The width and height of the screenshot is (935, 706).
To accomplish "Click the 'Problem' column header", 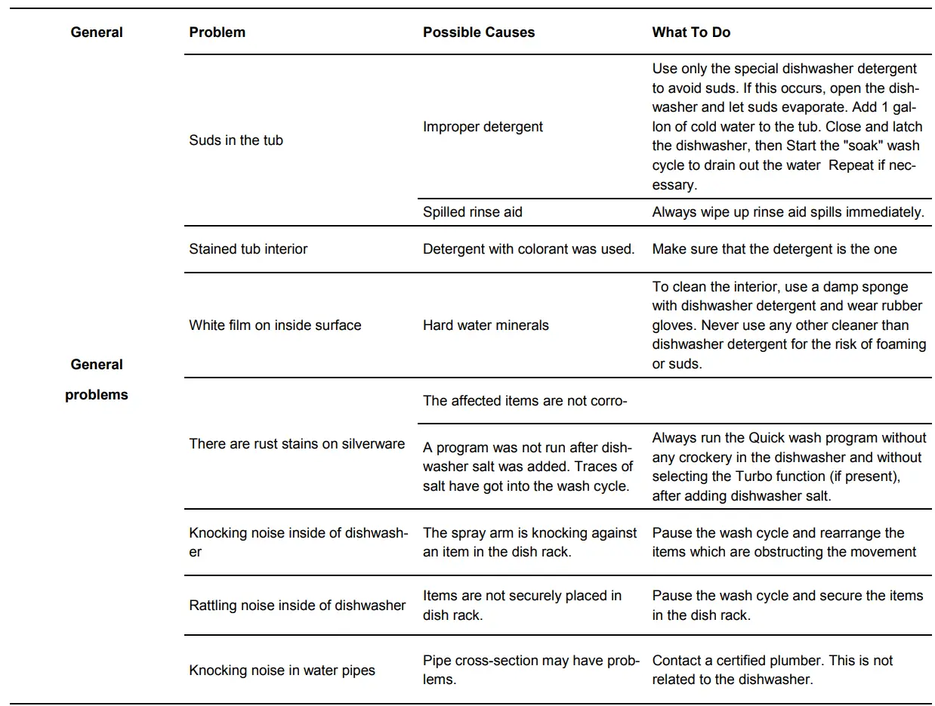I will pos(217,32).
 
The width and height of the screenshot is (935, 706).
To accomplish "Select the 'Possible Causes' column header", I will pos(478,32).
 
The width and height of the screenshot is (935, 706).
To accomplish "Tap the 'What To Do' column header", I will pos(691,32).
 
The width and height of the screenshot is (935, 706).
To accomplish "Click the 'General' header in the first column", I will pos(97,32).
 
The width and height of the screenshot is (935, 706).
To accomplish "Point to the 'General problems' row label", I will pos(97,379).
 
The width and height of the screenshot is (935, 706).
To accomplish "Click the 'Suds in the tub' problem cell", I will pos(236,140).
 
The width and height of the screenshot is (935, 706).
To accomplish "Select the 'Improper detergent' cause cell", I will pos(483,127).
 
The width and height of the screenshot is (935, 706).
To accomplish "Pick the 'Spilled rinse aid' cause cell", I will pos(472,212).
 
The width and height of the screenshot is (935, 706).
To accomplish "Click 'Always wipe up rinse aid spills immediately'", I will pos(788,212).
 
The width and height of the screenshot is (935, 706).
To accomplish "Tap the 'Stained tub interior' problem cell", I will pos(248,249).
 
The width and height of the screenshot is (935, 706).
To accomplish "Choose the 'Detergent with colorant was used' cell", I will pos(529,249).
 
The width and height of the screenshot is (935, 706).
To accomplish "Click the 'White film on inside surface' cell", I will pos(275,325).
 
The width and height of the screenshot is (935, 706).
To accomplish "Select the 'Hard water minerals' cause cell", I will pos(486,325).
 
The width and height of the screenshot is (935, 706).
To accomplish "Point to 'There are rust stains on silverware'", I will pos(297,444).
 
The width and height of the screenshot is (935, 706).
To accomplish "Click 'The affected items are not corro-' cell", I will pos(524,401).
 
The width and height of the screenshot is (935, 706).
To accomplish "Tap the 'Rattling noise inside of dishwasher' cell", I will pos(297,606).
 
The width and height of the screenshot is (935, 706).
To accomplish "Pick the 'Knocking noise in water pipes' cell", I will pos(282,671).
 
